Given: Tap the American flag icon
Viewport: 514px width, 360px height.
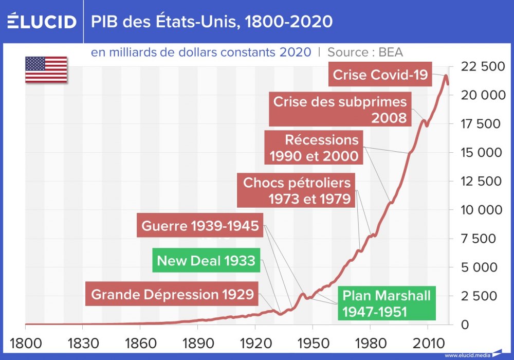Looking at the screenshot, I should (46, 69).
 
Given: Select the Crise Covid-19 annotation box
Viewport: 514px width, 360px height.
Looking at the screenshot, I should (380, 75).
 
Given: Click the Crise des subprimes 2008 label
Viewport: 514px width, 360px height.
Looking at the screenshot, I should (340, 110).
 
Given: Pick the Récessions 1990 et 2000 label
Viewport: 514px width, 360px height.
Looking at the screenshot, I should (314, 148).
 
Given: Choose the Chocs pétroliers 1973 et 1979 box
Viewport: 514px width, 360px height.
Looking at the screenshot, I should (297, 190).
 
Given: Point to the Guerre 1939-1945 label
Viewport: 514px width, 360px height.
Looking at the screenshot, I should (200, 226).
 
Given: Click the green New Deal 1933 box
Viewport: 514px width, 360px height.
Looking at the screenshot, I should (206, 261).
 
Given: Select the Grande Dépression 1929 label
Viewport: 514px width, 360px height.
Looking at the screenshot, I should (172, 295).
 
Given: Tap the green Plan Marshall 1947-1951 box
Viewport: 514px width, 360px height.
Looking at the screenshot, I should (387, 303).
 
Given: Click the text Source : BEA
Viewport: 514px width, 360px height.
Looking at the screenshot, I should (365, 52).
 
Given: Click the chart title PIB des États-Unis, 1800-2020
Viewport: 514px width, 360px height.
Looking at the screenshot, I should (212, 22).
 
